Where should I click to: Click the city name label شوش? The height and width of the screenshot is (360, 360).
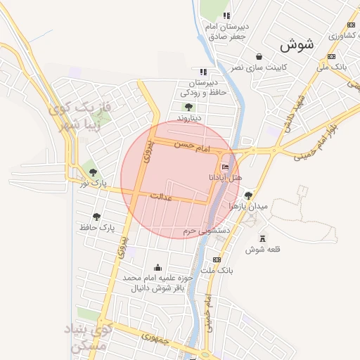coord(295,46)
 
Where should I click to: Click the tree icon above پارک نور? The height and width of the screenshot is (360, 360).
coord(94,173)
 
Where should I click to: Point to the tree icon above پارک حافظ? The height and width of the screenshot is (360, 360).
coord(96,217)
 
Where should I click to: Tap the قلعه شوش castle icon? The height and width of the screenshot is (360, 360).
coord(262,239)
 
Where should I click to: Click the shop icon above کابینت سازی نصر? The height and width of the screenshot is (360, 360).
coord(259,56)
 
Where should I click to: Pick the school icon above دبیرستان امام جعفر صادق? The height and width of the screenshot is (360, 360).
coord(226,15)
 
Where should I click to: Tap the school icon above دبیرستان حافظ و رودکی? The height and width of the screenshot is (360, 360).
coord(203,72)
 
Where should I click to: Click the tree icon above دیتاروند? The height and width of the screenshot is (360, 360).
coord(188,106)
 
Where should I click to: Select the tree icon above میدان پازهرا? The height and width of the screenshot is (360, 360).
coord(248,195)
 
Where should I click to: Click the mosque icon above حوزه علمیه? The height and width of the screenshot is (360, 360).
coord(157,267)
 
